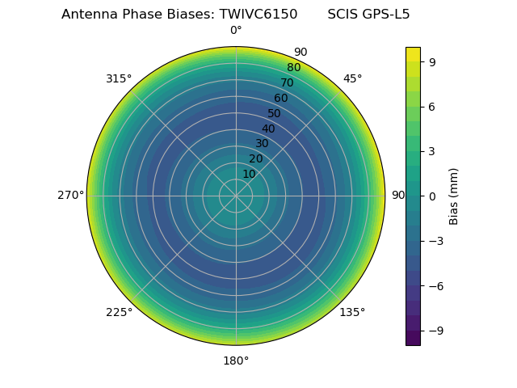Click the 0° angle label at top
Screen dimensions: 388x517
point(236,31)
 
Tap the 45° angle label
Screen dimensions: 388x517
point(352,79)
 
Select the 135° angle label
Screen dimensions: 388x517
point(352,312)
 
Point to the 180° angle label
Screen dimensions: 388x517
point(236,361)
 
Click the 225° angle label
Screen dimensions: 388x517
point(119,312)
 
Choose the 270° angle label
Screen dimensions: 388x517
point(70,196)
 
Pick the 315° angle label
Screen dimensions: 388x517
point(119,79)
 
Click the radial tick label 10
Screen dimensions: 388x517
point(250,174)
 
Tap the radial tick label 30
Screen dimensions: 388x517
point(263,144)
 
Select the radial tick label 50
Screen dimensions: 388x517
point(275,114)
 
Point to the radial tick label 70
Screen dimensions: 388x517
point(288,83)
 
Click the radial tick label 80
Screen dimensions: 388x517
point(294,68)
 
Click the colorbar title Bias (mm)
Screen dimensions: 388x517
point(454,196)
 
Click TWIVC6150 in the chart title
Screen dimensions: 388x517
point(260,15)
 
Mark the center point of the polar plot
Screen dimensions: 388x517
point(236,196)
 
